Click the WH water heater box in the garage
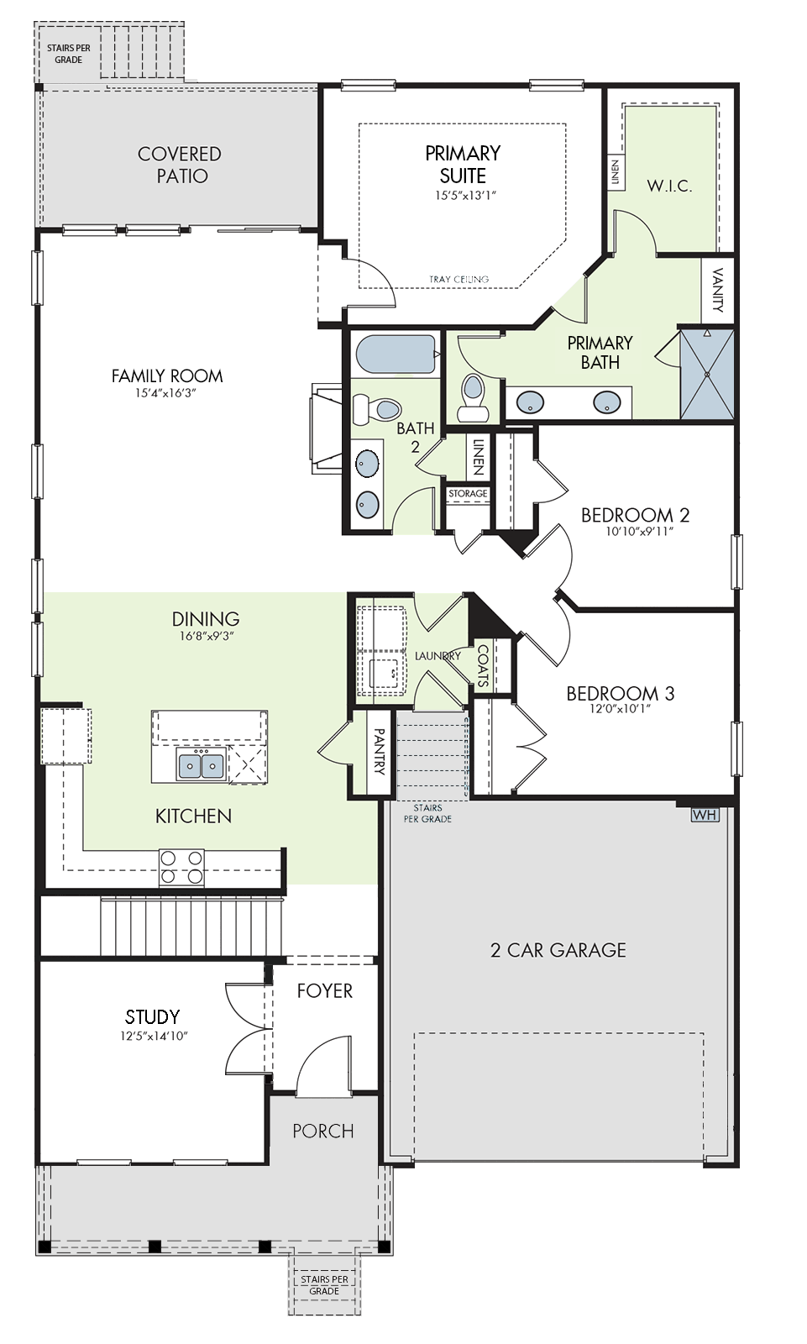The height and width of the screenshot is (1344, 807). (705, 815)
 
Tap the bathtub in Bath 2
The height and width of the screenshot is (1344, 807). (396, 354)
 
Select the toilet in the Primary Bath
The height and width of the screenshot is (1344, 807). (473, 398)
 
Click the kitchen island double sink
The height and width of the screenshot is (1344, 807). (201, 764)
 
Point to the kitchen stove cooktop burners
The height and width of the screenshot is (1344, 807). (181, 867)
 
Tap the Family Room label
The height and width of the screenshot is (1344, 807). (167, 376)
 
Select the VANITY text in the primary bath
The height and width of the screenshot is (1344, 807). (718, 291)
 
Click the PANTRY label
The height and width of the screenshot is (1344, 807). (379, 751)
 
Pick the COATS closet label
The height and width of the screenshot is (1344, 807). (482, 666)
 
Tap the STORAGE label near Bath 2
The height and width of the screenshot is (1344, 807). (468, 493)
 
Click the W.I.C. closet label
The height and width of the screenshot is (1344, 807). (669, 186)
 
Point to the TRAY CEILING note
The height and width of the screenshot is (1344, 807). (459, 279)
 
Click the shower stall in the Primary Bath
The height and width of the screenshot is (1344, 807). (707, 374)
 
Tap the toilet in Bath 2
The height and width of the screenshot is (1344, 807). (376, 409)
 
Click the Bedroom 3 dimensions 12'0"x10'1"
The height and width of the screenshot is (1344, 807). (621, 709)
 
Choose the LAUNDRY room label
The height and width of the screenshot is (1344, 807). (438, 656)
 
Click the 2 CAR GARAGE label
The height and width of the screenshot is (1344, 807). (558, 950)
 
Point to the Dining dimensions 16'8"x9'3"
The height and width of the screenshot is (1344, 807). (207, 636)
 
